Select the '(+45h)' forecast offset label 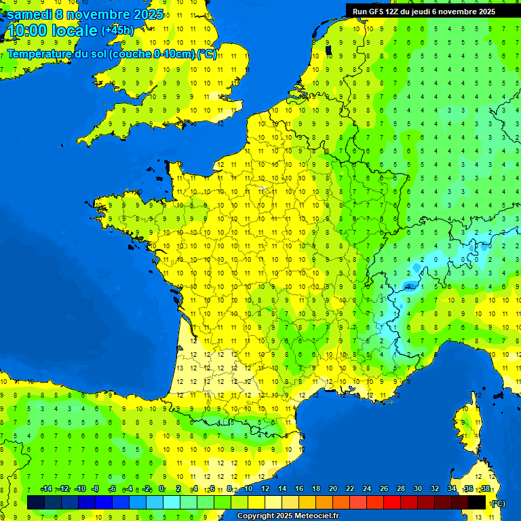click(117, 31)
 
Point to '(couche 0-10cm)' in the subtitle click(152, 54)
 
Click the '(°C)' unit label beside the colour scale click(497, 503)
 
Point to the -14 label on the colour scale click(46, 489)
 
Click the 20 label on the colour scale click(333, 489)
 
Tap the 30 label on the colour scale click(418, 489)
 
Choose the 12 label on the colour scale click(265, 489)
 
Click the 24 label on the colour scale click(367, 489)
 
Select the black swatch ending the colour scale click(478, 503)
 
